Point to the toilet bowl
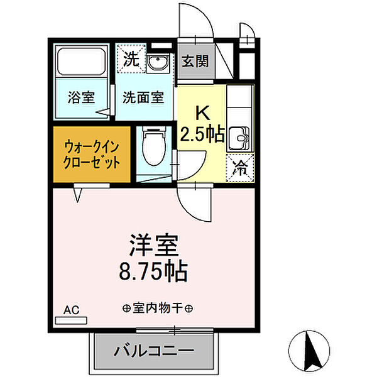pos(152,146)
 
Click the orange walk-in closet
pos(92,155)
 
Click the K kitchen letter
pos(202,113)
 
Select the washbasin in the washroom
pos(158,62)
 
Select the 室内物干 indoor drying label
pos(157,309)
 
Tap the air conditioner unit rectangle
pos(70,320)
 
